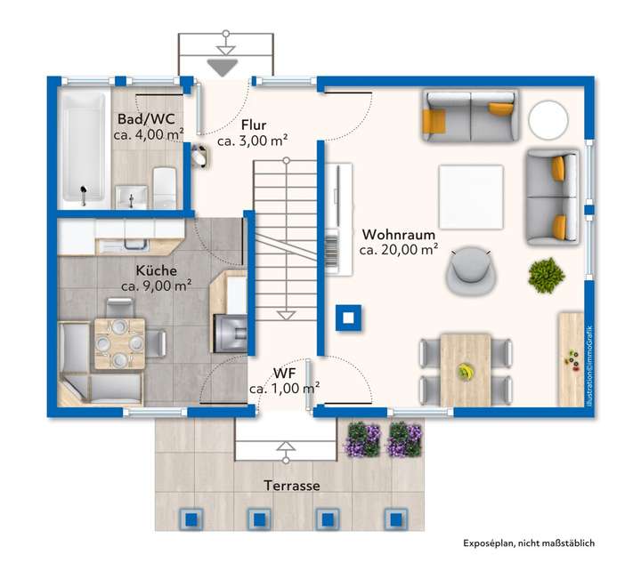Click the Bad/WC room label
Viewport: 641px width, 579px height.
(x=146, y=119)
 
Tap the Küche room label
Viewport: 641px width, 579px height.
(x=156, y=270)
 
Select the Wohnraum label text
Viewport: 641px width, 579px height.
(x=399, y=235)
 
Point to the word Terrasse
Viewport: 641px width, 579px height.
(x=291, y=486)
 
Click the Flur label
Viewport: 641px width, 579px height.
(x=254, y=125)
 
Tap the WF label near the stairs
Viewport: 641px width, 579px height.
(x=284, y=374)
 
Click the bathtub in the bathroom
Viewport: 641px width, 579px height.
(x=84, y=146)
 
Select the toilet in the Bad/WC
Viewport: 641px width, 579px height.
(x=165, y=188)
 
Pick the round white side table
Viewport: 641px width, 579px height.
(x=548, y=120)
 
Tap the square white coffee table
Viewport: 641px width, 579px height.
(x=471, y=197)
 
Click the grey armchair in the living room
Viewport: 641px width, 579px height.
(x=471, y=269)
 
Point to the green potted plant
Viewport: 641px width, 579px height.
(x=547, y=275)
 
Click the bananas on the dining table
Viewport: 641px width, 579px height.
(x=465, y=372)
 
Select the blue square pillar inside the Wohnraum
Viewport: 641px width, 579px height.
(x=348, y=318)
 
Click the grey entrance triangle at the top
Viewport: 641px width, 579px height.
(x=223, y=68)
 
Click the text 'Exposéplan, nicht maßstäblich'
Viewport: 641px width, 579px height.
(x=529, y=543)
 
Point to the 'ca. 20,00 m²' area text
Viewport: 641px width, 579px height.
(x=399, y=250)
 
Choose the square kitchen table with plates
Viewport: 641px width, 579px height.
(x=120, y=343)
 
